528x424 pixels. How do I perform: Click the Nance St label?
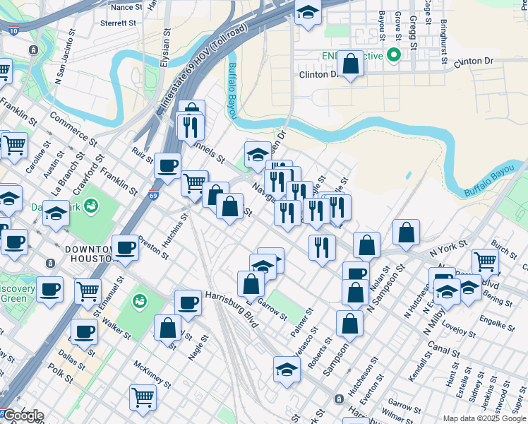(126, 7)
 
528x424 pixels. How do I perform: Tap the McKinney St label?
(151, 374)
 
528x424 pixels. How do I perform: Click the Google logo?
(23, 416)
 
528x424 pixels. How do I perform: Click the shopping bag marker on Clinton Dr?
(350, 65)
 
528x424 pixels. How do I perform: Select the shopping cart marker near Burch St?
(485, 262)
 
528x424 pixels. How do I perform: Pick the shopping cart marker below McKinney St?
(143, 397)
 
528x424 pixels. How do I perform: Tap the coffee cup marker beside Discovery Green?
(49, 289)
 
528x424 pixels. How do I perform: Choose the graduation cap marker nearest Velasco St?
(286, 369)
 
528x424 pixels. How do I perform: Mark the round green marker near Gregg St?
(394, 55)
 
